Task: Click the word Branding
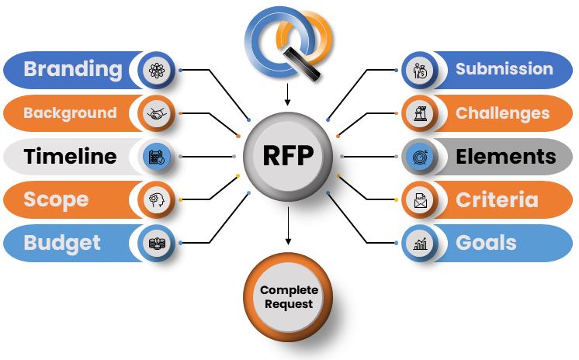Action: point(72,69)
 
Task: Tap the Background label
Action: point(70,113)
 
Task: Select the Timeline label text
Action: point(70,157)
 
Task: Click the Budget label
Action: point(62,243)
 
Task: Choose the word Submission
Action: point(504,69)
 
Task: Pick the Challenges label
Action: point(502,113)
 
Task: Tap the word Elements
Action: point(505,157)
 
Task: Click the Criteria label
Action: point(497,199)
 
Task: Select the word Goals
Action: point(486,243)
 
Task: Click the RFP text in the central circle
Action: point(287,156)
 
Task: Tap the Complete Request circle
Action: point(288,296)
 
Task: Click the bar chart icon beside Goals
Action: point(420,244)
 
